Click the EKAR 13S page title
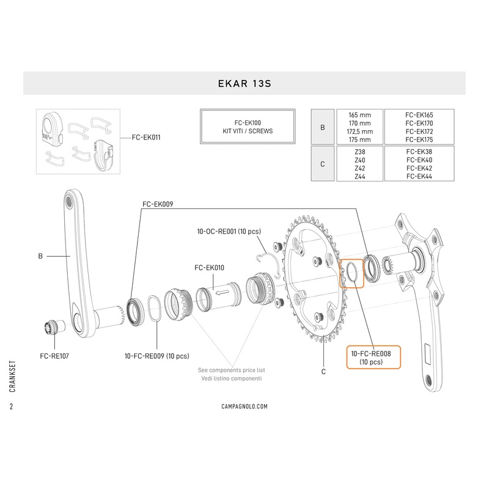tap(244, 83)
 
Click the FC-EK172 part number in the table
tap(419, 131)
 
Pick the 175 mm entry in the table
tap(359, 140)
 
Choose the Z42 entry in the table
tap(359, 167)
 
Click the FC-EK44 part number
tap(419, 176)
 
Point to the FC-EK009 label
tap(158, 206)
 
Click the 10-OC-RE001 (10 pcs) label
tap(229, 232)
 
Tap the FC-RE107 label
tap(54, 354)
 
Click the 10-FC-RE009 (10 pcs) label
tap(156, 355)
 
